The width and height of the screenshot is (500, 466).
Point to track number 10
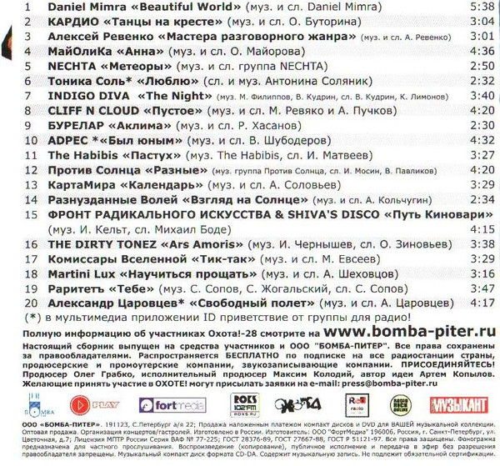29,140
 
